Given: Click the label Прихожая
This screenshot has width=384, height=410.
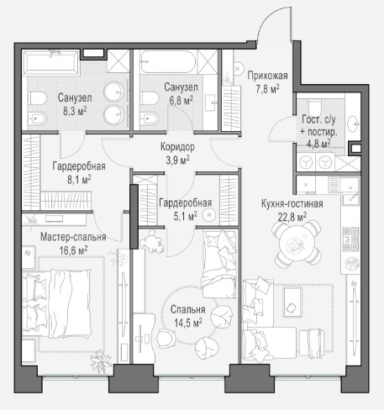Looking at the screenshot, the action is point(267,76).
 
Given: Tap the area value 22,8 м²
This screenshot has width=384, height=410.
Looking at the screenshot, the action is point(292,217).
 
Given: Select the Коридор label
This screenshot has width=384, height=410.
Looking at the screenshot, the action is point(177,146).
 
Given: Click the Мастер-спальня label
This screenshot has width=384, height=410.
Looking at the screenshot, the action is point(73,237).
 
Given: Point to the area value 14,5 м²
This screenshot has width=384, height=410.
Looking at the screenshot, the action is point(188,323).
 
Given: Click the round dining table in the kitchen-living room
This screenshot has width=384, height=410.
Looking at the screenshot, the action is point(297,244).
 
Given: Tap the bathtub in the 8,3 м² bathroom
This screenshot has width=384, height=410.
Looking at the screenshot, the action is point(51,63).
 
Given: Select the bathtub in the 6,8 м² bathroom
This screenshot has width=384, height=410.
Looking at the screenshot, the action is point(168,62).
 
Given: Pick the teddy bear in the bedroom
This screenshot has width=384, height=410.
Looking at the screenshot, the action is point(152,241).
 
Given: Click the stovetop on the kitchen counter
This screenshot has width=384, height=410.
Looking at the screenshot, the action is point(351,239).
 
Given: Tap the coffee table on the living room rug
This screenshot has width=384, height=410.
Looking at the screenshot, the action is point(292,302).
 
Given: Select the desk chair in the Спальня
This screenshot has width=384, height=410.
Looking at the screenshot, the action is point(166,339).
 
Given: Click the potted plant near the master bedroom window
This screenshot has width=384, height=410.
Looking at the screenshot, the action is point(101,361).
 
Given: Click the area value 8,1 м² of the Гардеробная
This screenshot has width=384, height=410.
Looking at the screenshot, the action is point(79,180).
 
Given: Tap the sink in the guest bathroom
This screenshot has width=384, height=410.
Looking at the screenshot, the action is point(354,124).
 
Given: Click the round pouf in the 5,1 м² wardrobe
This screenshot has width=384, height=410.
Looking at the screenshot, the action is point(209,215).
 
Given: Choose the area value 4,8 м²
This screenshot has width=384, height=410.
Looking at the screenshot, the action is point(318,144).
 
